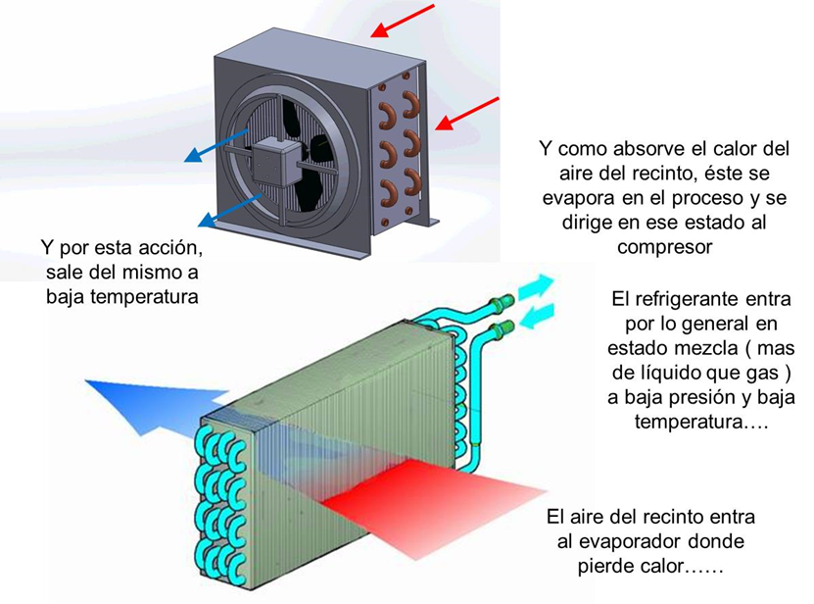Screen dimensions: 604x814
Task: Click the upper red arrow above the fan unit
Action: (x=402, y=21)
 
